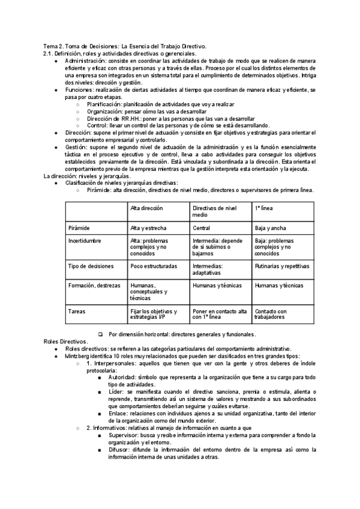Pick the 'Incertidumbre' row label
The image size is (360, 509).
[86, 241]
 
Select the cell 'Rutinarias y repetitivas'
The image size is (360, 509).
[281, 266]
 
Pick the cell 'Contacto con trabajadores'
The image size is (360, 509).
[271, 314]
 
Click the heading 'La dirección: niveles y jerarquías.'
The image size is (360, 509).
[87, 176]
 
